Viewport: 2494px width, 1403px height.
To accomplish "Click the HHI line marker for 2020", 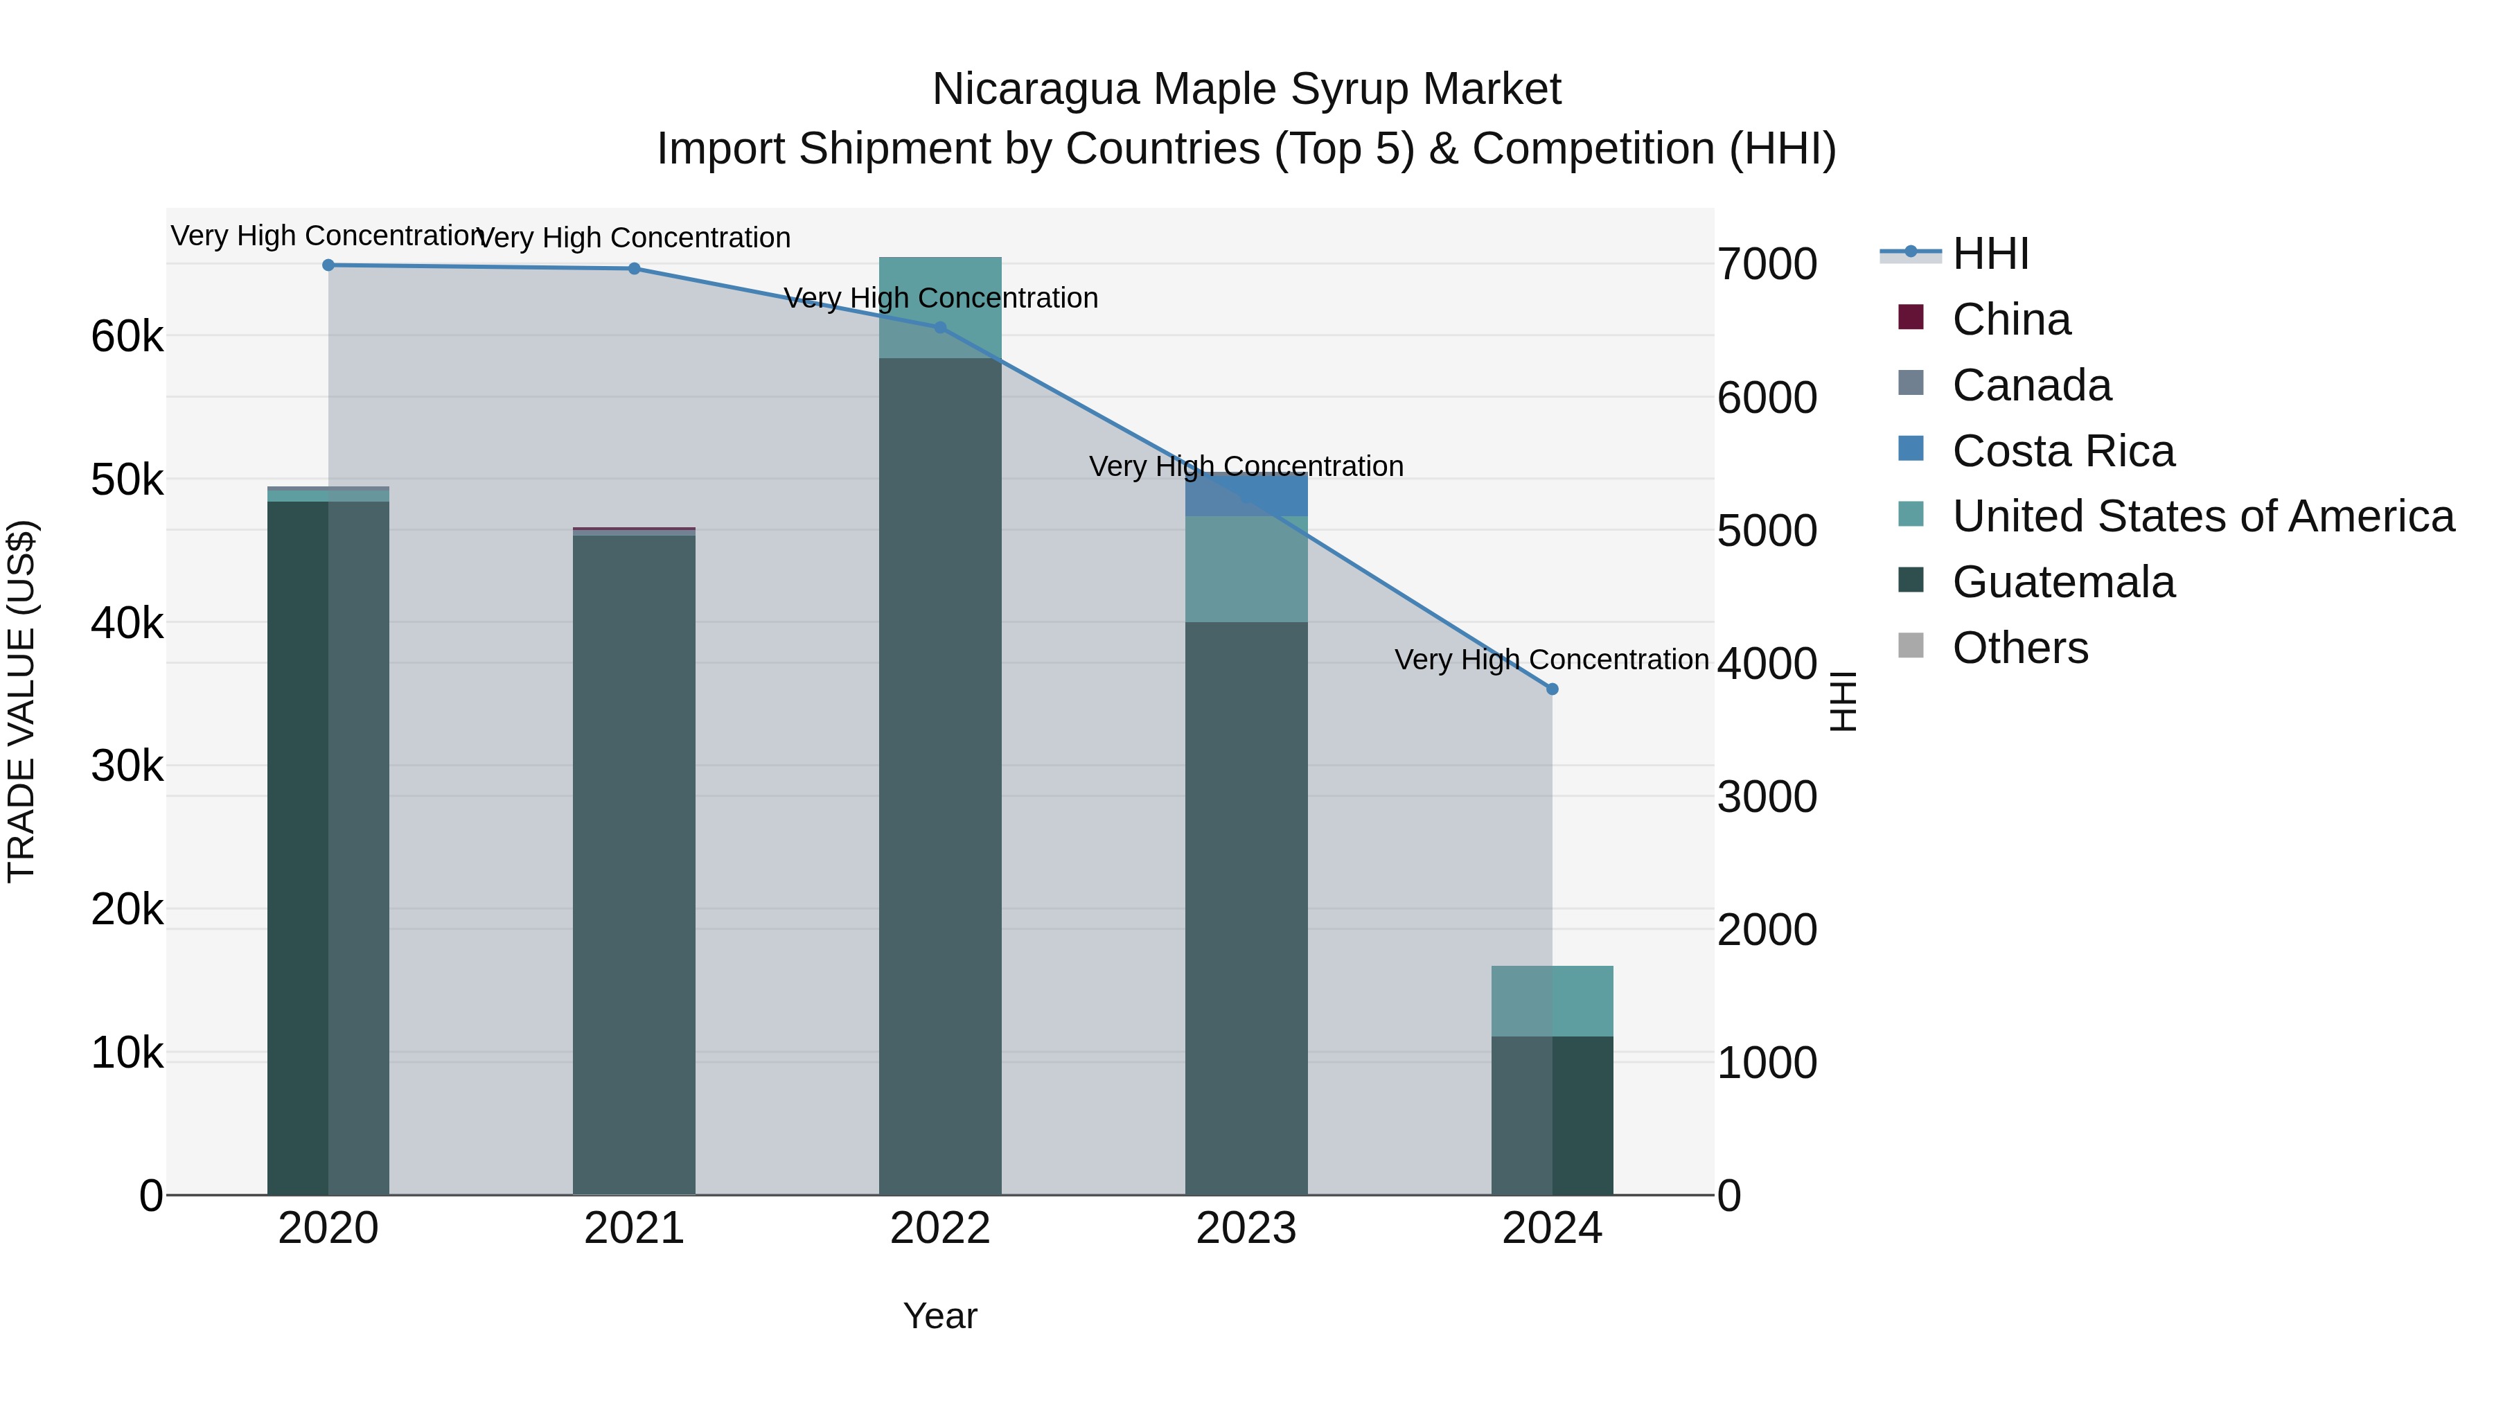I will pos(328,265).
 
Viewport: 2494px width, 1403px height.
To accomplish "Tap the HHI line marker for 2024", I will pos(1552,689).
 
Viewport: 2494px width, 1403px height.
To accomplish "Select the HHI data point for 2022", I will pos(940,328).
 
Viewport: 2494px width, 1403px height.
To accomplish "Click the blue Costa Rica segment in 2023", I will pos(1246,496).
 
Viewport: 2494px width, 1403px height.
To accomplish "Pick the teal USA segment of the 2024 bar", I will pos(1552,1001).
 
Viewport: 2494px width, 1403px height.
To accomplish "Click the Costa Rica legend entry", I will pos(2062,451).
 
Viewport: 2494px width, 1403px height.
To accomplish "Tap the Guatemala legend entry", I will pos(2062,582).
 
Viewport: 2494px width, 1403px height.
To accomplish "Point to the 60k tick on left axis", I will pos(127,337).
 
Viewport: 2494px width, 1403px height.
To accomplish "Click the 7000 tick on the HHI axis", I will pos(1767,265).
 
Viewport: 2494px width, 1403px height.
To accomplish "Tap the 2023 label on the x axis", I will pos(1246,1228).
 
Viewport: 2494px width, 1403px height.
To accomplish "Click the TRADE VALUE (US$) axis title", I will pos(21,701).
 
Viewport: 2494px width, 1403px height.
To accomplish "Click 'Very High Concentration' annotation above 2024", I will pos(1551,660).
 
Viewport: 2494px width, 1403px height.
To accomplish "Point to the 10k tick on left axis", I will pos(127,1053).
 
